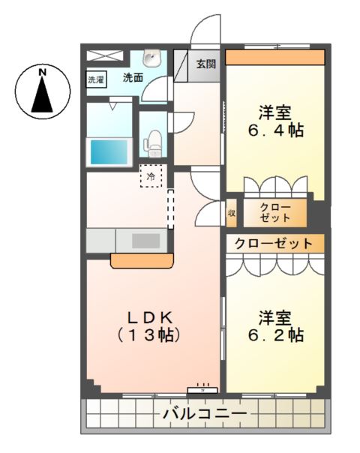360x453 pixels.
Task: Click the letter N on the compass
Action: point(43,72)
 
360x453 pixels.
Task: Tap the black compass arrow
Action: point(43,95)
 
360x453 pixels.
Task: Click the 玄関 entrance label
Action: point(206,64)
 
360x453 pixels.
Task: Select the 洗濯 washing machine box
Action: point(97,79)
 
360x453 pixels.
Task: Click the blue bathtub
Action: point(109,151)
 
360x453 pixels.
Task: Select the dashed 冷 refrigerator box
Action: point(151,177)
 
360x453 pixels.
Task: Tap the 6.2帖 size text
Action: point(275,334)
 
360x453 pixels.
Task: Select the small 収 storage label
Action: point(232,213)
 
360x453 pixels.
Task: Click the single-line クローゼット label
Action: point(274,244)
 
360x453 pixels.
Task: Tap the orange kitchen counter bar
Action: point(142,260)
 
